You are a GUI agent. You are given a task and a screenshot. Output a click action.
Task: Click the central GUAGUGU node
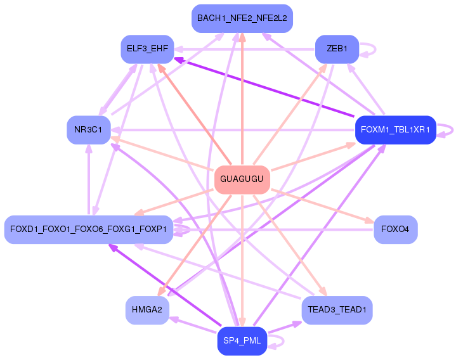coord(242,179)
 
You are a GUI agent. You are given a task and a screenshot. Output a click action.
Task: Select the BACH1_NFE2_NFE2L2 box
coord(242,18)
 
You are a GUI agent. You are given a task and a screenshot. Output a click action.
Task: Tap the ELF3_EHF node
coord(147,49)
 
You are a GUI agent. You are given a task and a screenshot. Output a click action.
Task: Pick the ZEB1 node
coord(337,49)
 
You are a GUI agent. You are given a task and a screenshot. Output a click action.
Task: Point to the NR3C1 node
coord(88,130)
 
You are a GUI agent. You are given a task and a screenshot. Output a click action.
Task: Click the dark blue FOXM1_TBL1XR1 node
coord(395,130)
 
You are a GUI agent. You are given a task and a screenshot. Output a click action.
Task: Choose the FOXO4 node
coord(395,229)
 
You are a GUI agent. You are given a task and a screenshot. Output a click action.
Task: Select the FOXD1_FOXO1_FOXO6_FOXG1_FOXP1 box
coord(88,229)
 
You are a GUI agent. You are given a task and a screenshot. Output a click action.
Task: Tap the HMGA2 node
coord(147,310)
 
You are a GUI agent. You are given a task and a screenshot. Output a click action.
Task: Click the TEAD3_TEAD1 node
coord(337,310)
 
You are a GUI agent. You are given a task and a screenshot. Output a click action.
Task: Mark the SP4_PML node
coord(242,342)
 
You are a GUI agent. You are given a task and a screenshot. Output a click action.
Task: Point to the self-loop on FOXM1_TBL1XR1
coord(446,130)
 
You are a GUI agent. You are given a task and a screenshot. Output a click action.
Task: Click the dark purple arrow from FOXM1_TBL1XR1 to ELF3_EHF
coord(266,89)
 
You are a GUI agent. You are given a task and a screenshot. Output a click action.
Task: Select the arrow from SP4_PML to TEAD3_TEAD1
coord(285,327)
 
